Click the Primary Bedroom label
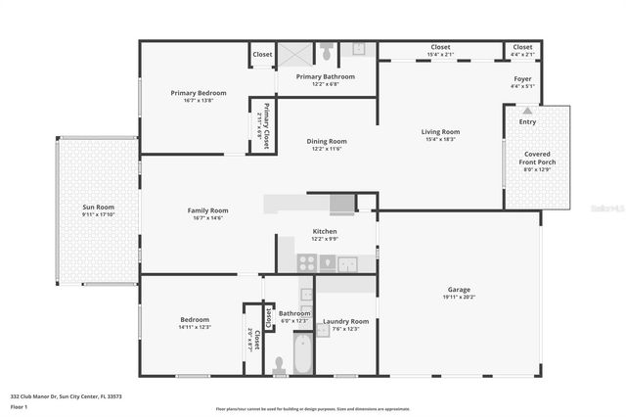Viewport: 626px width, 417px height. point(199,93)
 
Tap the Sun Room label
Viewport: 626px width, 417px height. point(98,208)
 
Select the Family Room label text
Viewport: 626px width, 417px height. point(207,210)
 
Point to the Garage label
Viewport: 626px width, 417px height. point(459,290)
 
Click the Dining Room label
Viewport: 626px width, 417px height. point(327,141)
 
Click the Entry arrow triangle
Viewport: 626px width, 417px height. point(528,112)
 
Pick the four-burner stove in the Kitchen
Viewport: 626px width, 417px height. point(307,262)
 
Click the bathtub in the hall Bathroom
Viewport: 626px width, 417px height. point(303,353)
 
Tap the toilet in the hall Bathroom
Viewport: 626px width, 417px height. point(279,365)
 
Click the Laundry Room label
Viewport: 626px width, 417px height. point(345,321)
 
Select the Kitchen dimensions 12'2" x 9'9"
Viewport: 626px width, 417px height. point(325,239)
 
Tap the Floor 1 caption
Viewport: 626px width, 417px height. point(20,405)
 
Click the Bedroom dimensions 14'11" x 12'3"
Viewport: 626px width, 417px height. point(194,327)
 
